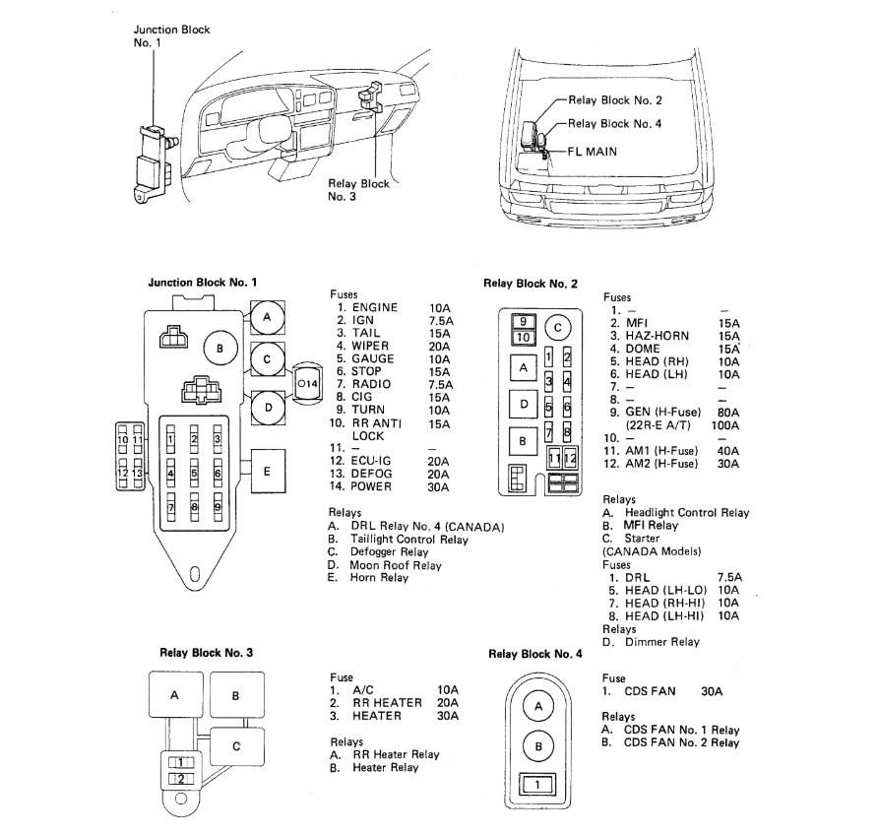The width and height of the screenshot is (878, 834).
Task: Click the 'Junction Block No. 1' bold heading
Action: click(202, 282)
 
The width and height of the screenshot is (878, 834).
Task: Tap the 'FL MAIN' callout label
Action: click(595, 153)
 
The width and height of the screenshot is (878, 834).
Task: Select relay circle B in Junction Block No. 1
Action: click(220, 349)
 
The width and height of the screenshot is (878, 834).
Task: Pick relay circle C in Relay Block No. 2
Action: click(557, 327)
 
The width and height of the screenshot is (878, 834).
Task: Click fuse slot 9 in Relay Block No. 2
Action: click(524, 321)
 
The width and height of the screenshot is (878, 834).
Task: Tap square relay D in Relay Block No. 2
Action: click(524, 404)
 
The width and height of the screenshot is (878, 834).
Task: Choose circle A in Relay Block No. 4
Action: click(537, 706)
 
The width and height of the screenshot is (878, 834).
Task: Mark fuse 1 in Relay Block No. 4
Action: click(537, 785)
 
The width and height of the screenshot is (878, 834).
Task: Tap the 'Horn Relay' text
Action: click(379, 578)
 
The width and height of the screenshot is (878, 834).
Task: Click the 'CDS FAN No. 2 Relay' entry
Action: click(681, 742)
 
